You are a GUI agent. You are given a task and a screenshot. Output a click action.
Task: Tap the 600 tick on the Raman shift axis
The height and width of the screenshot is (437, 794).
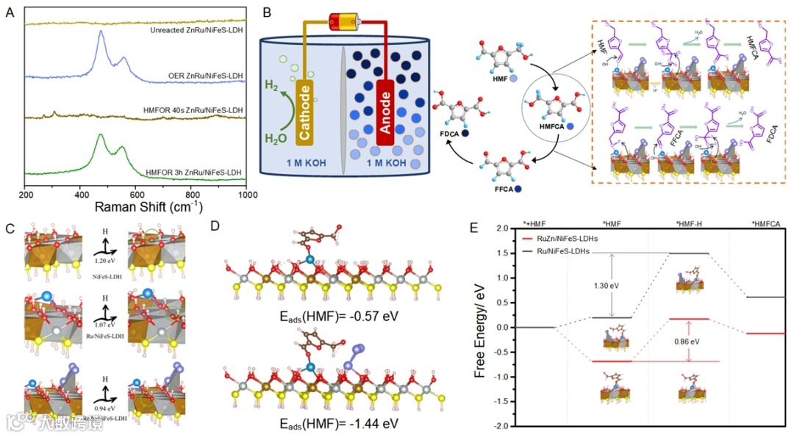(136, 196)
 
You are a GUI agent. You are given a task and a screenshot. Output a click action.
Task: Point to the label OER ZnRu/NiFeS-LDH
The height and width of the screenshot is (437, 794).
(207, 76)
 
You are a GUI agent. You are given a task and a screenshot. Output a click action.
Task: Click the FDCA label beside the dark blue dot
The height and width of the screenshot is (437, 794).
(448, 133)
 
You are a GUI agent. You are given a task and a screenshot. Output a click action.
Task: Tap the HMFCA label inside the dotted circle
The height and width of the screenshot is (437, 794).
(553, 125)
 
